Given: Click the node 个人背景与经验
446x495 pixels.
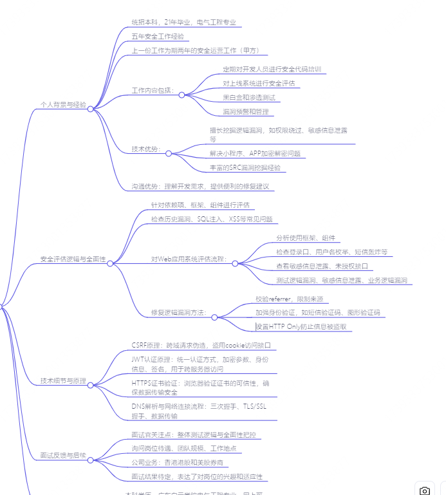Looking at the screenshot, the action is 63,104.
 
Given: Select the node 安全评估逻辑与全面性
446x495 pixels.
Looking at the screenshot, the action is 73,259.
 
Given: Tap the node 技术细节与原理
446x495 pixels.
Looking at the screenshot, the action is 63,380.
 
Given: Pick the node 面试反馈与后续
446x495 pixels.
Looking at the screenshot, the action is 63,455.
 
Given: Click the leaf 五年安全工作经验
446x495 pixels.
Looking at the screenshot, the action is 158,37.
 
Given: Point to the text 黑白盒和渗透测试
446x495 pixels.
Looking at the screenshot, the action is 248,97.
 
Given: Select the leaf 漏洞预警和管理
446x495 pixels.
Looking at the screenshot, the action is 245,111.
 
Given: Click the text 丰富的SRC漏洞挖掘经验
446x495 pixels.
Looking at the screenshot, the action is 245,167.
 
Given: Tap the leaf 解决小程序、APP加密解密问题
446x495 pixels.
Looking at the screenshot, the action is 254,153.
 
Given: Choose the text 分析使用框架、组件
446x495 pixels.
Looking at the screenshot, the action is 306,238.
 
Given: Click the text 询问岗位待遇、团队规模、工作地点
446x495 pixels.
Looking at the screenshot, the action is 184,448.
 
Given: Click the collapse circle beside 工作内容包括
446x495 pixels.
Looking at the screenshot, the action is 181,95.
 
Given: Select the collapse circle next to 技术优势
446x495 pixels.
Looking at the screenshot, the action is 169,153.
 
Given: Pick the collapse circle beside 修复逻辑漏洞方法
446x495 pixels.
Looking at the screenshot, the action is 214,317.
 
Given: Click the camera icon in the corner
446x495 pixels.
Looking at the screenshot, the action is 425,490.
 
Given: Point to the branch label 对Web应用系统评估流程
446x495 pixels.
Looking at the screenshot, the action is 189,259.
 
